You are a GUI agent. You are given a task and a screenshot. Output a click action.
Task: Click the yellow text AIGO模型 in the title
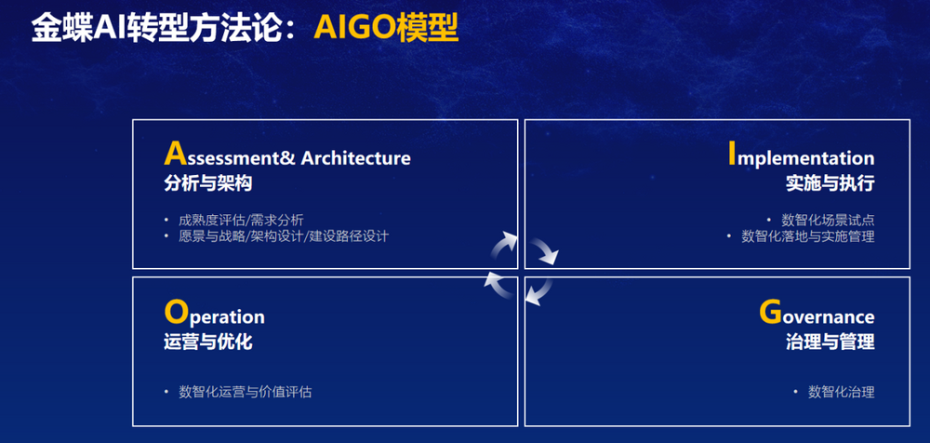386,27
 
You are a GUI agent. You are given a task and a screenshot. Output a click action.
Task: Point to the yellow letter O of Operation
174,312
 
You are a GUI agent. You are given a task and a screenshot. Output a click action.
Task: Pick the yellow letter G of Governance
770,312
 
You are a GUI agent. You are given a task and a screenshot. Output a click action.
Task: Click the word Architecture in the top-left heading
356,158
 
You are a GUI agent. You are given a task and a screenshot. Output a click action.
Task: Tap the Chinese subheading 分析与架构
208,183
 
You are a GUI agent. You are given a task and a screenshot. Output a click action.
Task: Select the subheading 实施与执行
830,183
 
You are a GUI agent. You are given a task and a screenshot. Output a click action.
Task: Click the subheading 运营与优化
208,342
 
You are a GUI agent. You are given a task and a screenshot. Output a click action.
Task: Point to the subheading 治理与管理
830,342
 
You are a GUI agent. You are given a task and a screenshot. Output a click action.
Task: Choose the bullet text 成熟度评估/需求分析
242,221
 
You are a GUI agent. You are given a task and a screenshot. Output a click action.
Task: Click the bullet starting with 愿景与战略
284,235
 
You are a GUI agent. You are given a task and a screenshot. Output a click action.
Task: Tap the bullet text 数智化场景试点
828,221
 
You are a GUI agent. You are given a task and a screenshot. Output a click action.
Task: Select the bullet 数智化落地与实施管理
808,235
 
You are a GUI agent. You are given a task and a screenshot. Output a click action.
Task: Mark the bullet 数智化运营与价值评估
245,392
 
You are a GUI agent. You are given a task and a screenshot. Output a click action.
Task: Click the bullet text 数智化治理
841,392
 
